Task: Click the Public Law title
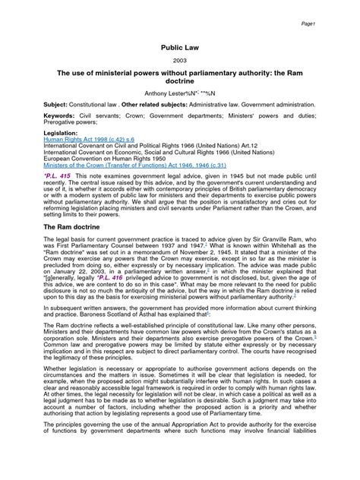coord(180,47)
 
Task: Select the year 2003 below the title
coord(180,61)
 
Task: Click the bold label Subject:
coord(62,108)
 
